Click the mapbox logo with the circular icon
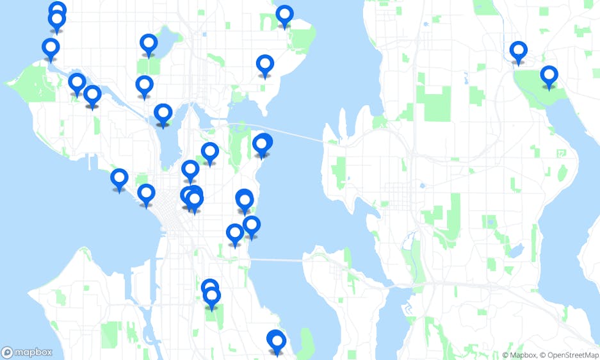pyautogui.click(x=27, y=352)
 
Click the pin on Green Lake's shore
pyautogui.click(x=149, y=44)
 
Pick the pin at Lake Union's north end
pyautogui.click(x=163, y=114)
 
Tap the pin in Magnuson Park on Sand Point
pyautogui.click(x=284, y=15)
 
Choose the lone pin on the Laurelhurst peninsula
pyautogui.click(x=264, y=65)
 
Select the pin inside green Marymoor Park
pyautogui.click(x=549, y=76)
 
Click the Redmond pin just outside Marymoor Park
pyautogui.click(x=518, y=51)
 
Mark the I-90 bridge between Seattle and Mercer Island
pyautogui.click(x=275, y=261)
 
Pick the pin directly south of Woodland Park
pyautogui.click(x=144, y=85)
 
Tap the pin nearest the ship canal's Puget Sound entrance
pyautogui.click(x=51, y=48)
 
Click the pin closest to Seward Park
pyautogui.click(x=276, y=341)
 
